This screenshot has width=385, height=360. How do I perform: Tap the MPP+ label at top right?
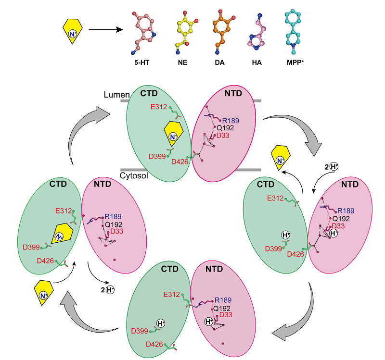[x=294, y=62]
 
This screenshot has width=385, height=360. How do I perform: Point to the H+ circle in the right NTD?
[x=334, y=233]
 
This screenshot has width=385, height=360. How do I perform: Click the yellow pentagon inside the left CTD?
[x=61, y=234]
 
